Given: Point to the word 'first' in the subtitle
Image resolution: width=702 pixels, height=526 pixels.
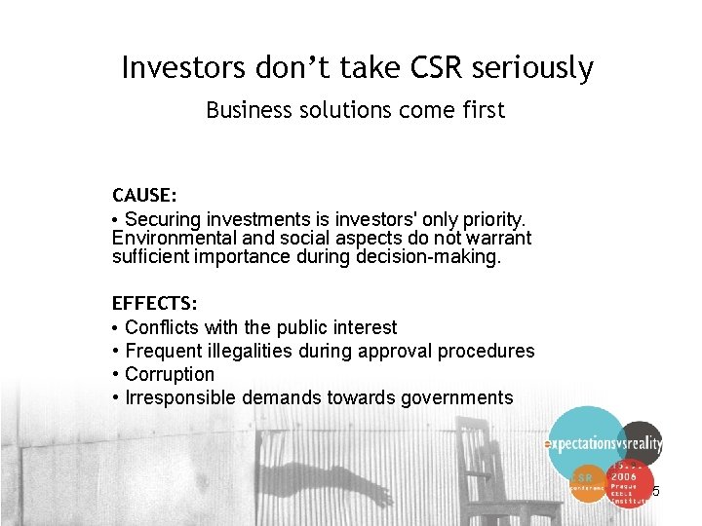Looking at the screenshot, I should pyautogui.click(x=485, y=110).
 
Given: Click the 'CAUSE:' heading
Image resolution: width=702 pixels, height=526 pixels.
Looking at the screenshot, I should pyautogui.click(x=144, y=196).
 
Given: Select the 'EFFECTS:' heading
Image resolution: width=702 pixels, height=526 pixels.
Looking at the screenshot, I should pyautogui.click(x=154, y=304).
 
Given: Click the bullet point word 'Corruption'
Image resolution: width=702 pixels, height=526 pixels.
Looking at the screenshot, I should pyautogui.click(x=170, y=374).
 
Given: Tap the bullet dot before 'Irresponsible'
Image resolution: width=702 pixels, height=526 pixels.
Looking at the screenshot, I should pyautogui.click(x=116, y=397).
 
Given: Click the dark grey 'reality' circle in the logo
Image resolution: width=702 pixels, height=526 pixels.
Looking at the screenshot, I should pyautogui.click(x=641, y=443).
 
